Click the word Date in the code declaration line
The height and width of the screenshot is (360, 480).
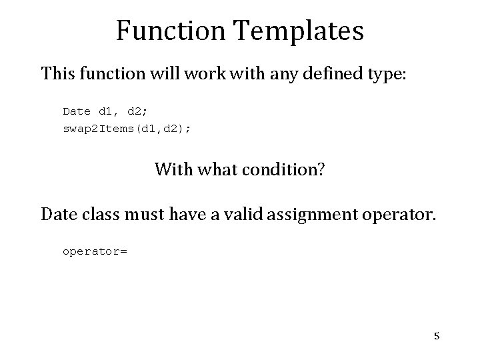tap(76, 111)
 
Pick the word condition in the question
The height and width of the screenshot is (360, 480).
tap(282, 169)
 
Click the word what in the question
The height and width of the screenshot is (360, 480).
tap(213, 169)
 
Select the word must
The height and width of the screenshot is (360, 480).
tap(143, 215)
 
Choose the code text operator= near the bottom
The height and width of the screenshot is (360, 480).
tap(95, 252)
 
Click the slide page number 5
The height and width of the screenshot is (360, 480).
tap(437, 337)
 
